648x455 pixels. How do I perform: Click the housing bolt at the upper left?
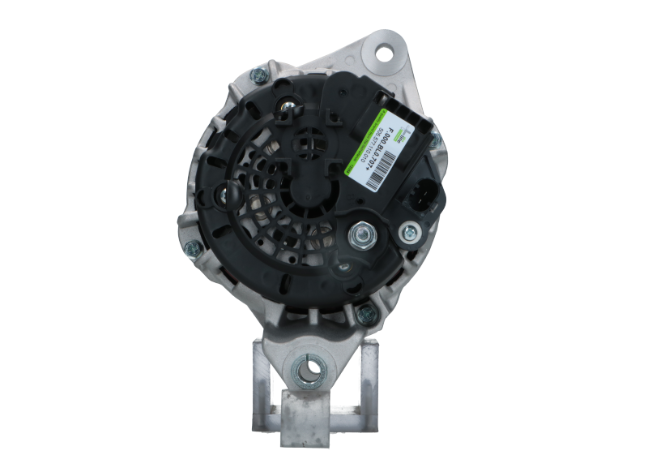(x=260, y=76)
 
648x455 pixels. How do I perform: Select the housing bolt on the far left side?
(x=189, y=249)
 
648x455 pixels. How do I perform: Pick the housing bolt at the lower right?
(x=362, y=315)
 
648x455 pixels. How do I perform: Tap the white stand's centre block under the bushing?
(x=310, y=410)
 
